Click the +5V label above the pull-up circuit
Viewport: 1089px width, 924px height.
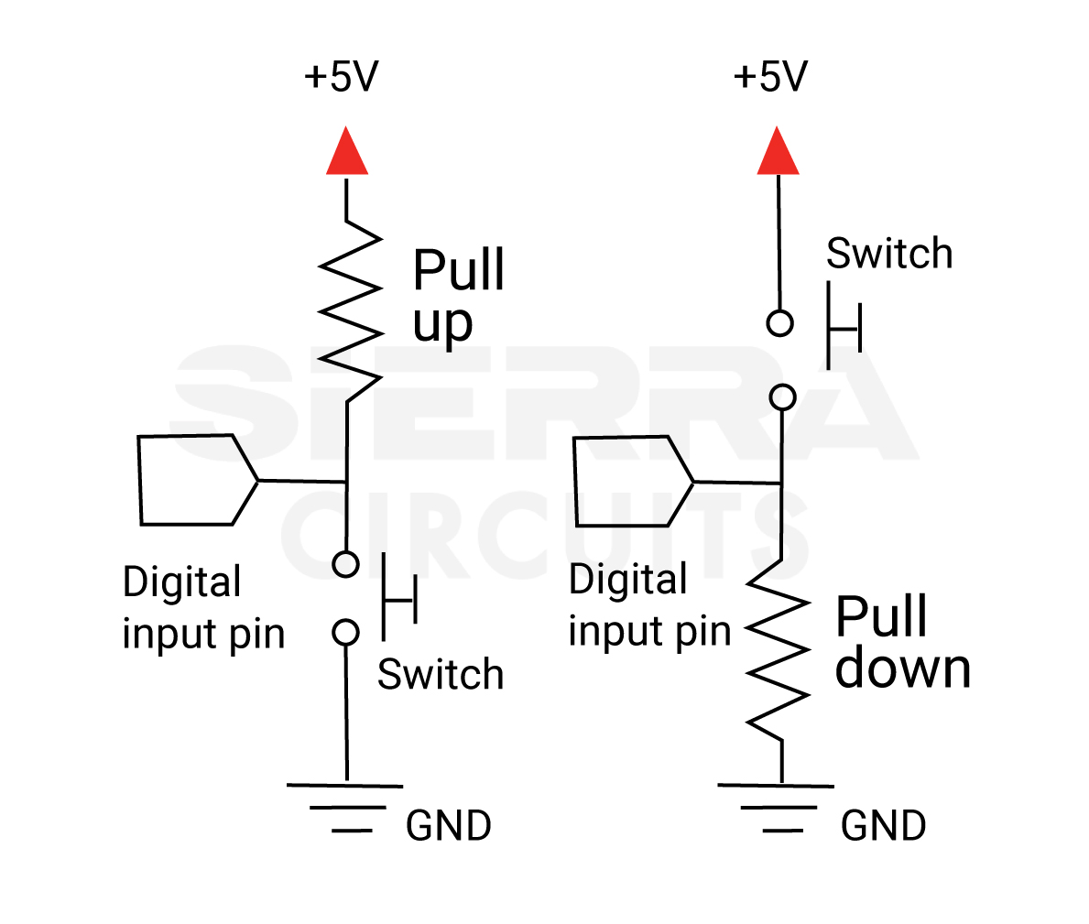[x=341, y=78]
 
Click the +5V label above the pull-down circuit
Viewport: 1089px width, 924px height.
[x=770, y=78]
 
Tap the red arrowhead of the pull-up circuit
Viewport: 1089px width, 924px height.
[x=347, y=153]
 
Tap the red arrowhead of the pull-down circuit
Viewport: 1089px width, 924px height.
[x=778, y=153]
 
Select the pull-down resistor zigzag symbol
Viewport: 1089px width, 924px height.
[x=779, y=649]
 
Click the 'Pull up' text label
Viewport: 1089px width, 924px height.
[x=457, y=296]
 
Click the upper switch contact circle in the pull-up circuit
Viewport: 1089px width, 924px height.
[x=345, y=564]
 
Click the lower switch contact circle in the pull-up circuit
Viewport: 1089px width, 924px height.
[x=345, y=632]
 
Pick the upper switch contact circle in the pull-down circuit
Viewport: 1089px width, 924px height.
[x=779, y=323]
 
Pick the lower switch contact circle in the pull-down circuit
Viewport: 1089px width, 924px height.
[x=782, y=397]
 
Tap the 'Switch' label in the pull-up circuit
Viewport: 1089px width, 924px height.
[x=441, y=675]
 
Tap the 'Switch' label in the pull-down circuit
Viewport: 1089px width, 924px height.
[x=888, y=254]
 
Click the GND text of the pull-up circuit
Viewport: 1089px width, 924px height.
[x=448, y=826]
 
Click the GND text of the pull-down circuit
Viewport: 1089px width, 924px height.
[x=883, y=826]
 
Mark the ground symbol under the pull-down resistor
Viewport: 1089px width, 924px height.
[x=777, y=807]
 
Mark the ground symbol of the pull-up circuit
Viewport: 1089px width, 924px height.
[x=345, y=807]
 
